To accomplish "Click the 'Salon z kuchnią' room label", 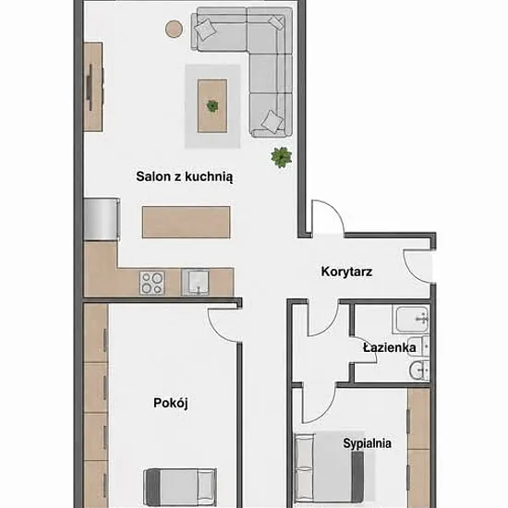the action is tap(185, 177).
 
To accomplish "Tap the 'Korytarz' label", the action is tap(346, 272).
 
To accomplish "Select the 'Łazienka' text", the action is tap(390, 347).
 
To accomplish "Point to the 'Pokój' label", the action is tap(171, 404).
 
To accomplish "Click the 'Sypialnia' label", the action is tap(367, 443).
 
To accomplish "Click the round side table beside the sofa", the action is tap(175, 29).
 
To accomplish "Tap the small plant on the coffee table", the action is tap(212, 105).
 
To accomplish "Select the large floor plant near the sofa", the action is tap(281, 157).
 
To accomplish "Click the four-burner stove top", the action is tap(152, 283).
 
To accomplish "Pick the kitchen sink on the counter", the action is tap(195, 283).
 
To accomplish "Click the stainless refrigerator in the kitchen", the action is tap(102, 219).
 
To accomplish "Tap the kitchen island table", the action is tap(187, 222).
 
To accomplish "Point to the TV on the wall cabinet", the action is tap(91, 87).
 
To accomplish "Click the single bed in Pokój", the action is tap(180, 487).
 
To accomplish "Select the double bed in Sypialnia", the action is tap(329, 469).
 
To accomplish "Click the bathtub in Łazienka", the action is tap(411, 320).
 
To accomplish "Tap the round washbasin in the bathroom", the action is tap(419, 370).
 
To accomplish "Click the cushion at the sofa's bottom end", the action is tap(272, 121).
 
